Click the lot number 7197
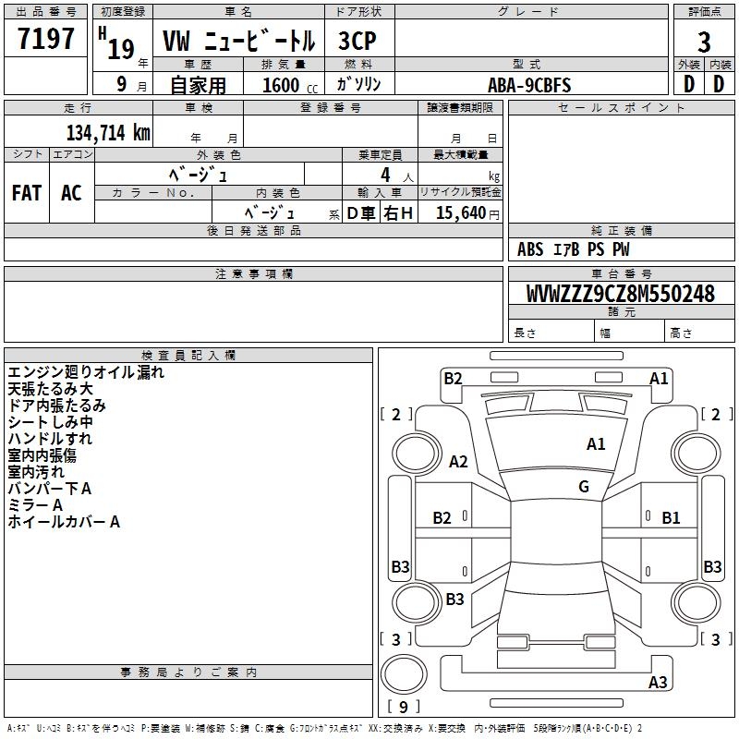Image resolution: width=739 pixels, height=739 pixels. coord(45,38)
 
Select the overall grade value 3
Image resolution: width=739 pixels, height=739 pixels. coord(704,42)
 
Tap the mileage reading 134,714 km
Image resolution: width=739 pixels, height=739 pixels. coord(108,133)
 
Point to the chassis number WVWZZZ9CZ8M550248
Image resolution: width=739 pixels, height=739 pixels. coord(621,294)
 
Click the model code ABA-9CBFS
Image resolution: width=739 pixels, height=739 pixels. coord(529,85)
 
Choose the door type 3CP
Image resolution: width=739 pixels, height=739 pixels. coord(357,41)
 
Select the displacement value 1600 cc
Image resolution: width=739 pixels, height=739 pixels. coord(290,85)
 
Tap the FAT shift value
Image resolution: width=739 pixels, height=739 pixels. coord(27,193)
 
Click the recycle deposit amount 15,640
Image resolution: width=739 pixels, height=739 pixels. coord(461,213)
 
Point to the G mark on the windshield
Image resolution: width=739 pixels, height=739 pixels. coord(584,487)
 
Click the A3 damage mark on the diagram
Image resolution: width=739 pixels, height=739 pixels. coord(658,682)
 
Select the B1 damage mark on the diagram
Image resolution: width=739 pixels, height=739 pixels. coord(671,518)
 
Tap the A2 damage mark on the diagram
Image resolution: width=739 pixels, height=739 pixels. coord(458,461)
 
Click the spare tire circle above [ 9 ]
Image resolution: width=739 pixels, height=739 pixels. coord(404,674)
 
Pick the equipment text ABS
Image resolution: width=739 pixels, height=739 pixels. coord(530,249)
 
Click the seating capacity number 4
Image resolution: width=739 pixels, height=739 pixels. coord(385,175)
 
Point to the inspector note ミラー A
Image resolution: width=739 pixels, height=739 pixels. coord(35,505)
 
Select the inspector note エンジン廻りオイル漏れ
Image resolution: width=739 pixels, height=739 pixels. coord(86,372)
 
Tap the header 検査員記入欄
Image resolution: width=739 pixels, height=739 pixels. coord(188,356)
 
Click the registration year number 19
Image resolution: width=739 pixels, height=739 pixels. coord(121,49)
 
